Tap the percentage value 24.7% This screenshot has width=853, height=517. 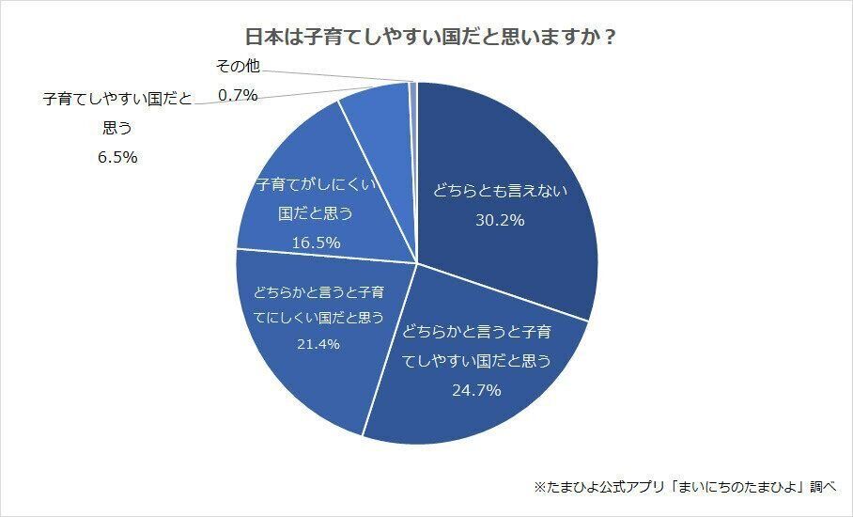click(x=476, y=389)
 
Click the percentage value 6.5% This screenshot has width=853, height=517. click(x=117, y=157)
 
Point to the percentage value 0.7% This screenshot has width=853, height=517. click(x=237, y=94)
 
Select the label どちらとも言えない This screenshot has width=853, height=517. click(x=501, y=191)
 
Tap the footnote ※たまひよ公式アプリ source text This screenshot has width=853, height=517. click(x=685, y=487)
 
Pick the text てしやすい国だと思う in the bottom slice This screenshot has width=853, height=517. click(x=476, y=360)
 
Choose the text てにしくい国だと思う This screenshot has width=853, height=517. click(x=318, y=318)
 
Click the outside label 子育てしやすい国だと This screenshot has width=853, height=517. click(x=117, y=99)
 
